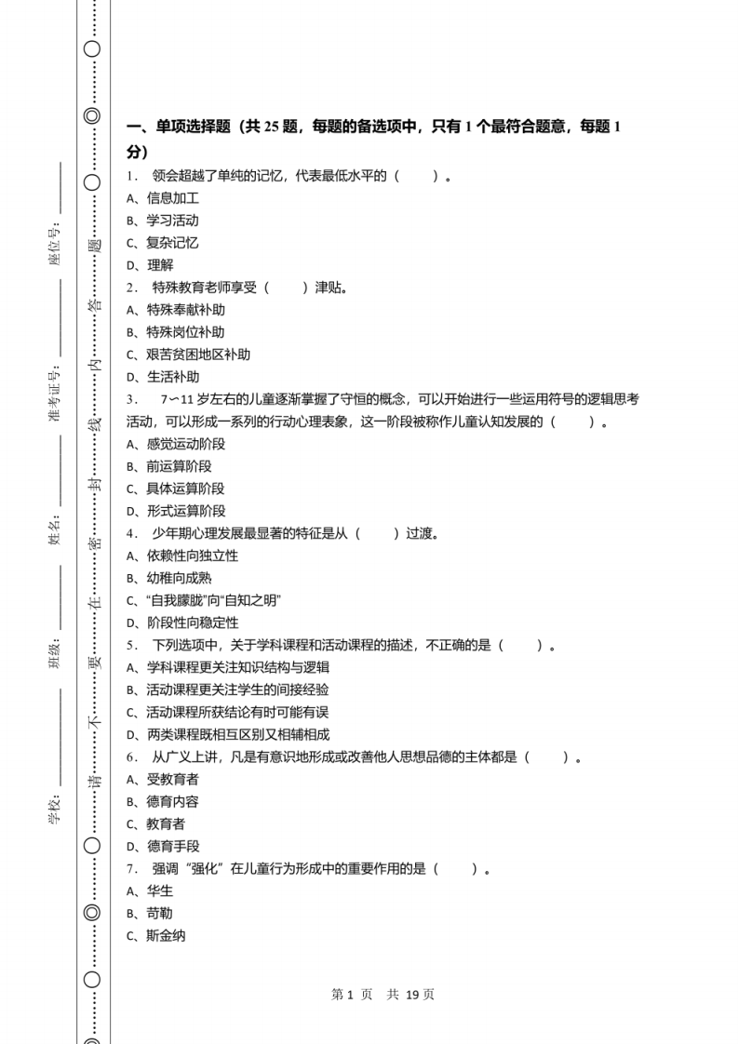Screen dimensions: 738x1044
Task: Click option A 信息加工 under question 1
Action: pyautogui.click(x=163, y=198)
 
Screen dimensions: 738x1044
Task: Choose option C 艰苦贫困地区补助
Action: pyautogui.click(x=189, y=355)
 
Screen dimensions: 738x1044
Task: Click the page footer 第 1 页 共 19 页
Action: pyautogui.click(x=382, y=994)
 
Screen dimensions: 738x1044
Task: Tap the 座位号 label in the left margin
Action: pyautogui.click(x=54, y=244)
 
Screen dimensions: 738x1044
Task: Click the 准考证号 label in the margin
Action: pyautogui.click(x=54, y=394)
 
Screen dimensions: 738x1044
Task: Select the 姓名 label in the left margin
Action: pyautogui.click(x=54, y=534)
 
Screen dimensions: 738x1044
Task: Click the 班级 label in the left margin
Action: pyautogui.click(x=54, y=656)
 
